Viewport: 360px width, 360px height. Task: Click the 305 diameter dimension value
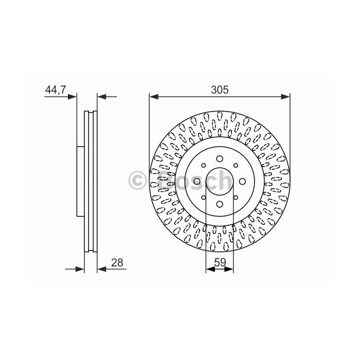(x=220, y=90)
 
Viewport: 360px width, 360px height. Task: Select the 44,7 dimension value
(x=56, y=89)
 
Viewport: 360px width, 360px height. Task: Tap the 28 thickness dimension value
(x=117, y=263)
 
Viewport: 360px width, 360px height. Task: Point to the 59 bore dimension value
(x=220, y=262)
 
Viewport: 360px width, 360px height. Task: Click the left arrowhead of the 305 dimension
(x=154, y=97)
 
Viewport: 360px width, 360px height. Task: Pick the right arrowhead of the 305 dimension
(x=285, y=97)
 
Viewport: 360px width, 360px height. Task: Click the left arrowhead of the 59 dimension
(x=210, y=269)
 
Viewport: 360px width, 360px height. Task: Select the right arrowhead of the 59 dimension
(x=229, y=269)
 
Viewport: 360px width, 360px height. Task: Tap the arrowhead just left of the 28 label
(x=102, y=269)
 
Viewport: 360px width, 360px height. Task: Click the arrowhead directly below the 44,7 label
(x=72, y=97)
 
